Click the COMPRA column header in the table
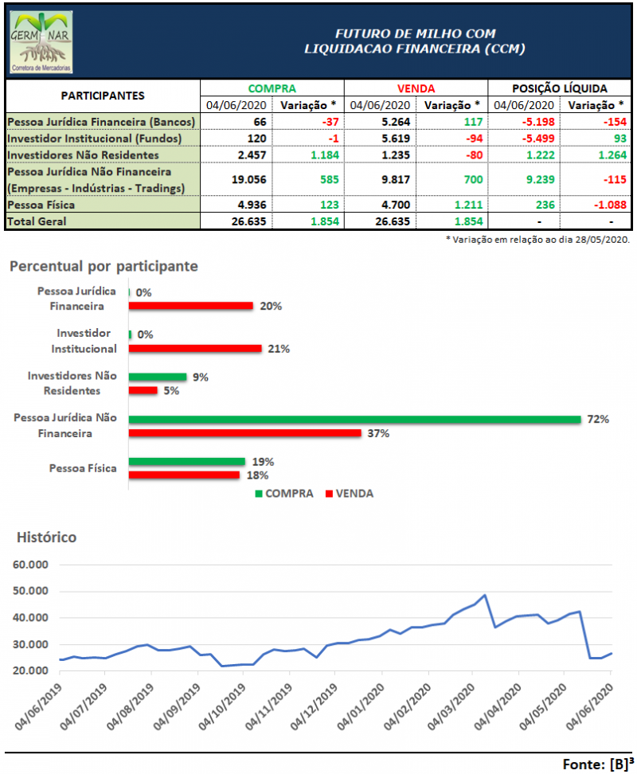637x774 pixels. point(272,88)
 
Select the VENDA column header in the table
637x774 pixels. point(416,88)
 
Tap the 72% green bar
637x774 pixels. point(354,420)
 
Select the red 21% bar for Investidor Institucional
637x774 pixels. point(195,348)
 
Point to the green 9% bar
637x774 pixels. point(158,377)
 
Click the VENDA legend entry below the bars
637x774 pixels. point(350,493)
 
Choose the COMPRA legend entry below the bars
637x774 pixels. point(284,493)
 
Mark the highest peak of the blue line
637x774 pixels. point(485,595)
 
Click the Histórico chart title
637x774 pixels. point(47,537)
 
